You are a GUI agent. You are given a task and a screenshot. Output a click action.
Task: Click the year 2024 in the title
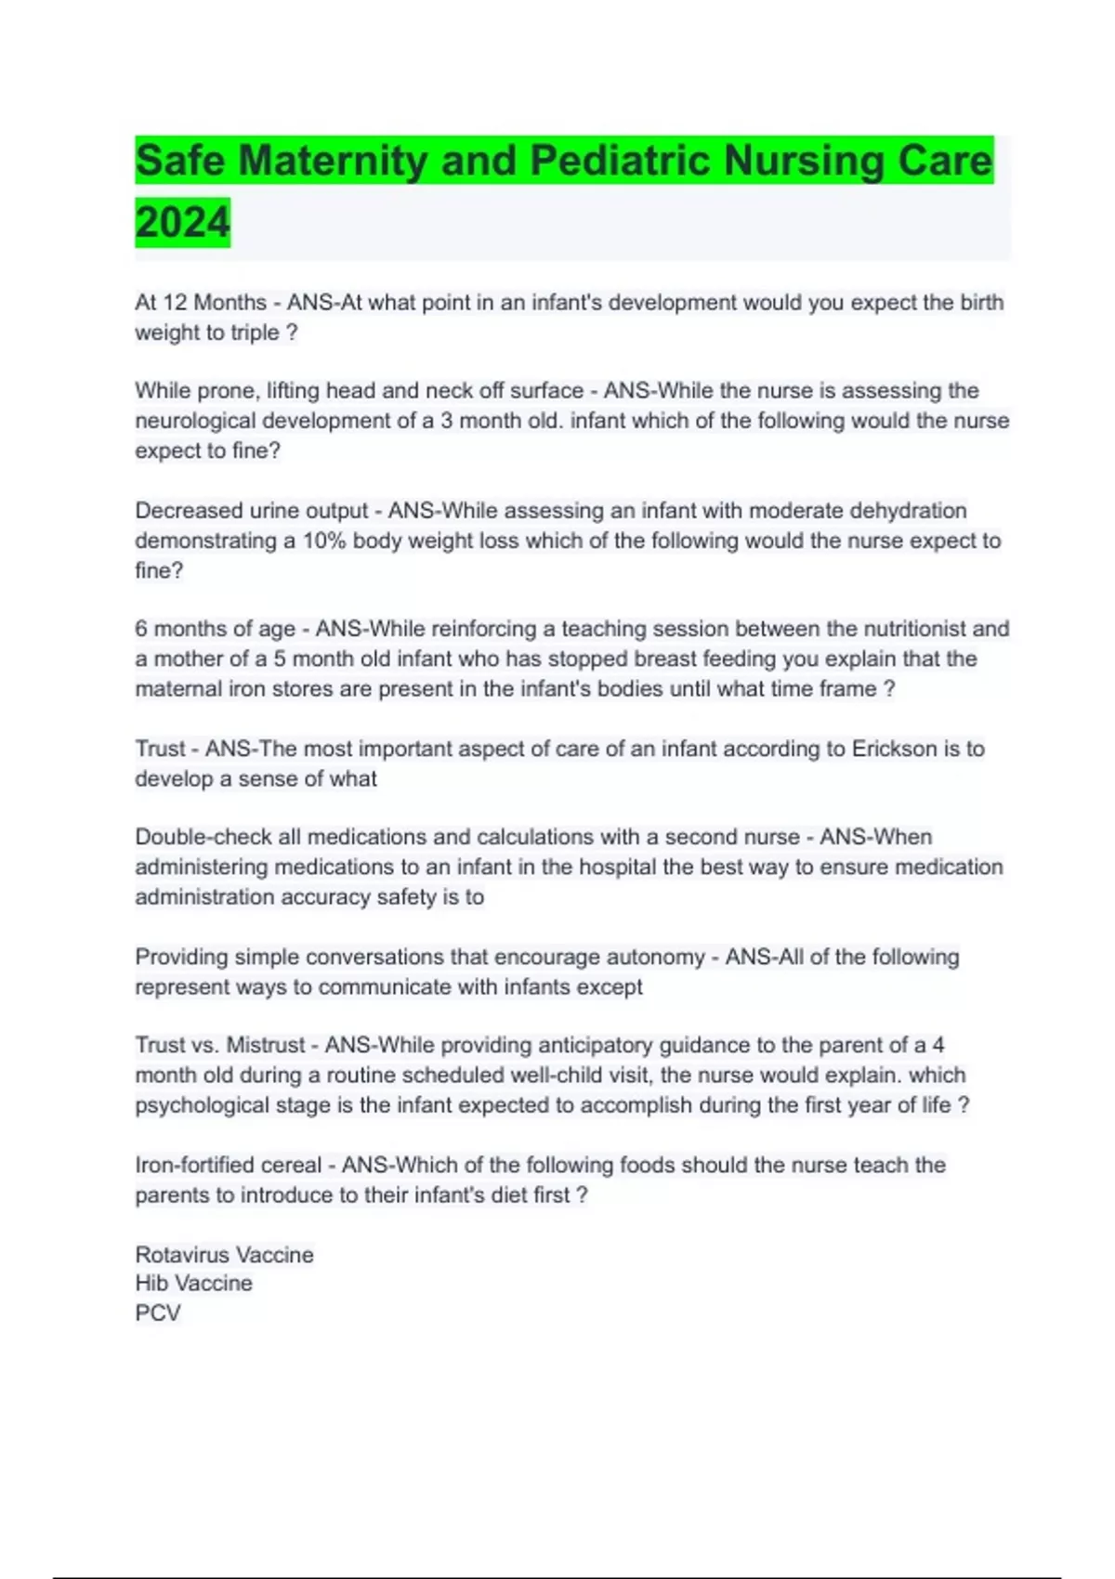(182, 223)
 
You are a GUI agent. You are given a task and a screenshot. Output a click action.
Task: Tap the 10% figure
(324, 541)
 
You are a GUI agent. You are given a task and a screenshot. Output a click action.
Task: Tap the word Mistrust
(265, 1045)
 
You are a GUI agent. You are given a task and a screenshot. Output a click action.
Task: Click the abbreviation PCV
(158, 1313)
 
